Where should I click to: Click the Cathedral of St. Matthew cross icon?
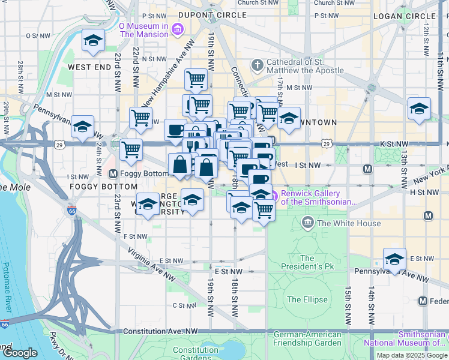click(x=257, y=65)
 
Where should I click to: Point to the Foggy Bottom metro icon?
click(x=113, y=174)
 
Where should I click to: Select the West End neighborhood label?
click(x=90, y=67)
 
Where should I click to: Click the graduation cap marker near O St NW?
click(x=93, y=41)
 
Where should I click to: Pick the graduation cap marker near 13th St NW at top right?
click(x=419, y=109)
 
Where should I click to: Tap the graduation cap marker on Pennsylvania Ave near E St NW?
click(x=394, y=259)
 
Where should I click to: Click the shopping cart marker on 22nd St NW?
click(x=140, y=118)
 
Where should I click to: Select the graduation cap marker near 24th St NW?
click(x=82, y=127)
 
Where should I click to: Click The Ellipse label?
click(x=307, y=299)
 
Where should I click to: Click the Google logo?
click(x=19, y=353)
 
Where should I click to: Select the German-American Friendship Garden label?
click(x=307, y=338)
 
